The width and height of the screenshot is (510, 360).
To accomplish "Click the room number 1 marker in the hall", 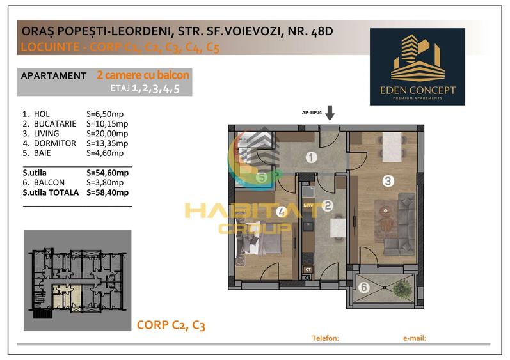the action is click(x=311, y=157).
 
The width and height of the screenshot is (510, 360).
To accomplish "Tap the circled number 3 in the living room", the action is click(x=388, y=181).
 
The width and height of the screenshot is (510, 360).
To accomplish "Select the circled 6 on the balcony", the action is click(x=364, y=287).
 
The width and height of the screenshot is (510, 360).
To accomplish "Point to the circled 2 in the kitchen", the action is click(x=328, y=205).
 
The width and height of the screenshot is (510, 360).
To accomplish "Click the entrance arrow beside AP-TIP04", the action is click(x=330, y=113).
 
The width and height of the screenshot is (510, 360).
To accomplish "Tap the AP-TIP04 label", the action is click(x=312, y=113).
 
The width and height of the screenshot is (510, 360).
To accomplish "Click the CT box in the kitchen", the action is click(x=308, y=269).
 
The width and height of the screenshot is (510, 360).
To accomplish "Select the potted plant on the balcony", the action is click(x=402, y=288).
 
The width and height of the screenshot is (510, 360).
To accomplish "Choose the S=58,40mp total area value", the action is click(x=108, y=192).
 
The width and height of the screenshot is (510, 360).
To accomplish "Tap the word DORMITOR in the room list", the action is click(x=54, y=143).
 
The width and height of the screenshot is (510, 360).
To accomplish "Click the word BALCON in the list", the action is click(x=49, y=183).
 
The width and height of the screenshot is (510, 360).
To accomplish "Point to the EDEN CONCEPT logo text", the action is click(x=418, y=90).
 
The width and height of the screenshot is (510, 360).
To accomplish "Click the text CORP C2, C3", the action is click(x=171, y=325).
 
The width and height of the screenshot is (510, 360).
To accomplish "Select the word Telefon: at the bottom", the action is click(x=325, y=338).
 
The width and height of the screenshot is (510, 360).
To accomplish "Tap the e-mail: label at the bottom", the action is click(x=415, y=338).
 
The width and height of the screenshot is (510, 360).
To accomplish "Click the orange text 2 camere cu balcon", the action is click(x=143, y=75).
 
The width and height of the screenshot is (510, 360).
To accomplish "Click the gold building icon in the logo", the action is click(x=418, y=58).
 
